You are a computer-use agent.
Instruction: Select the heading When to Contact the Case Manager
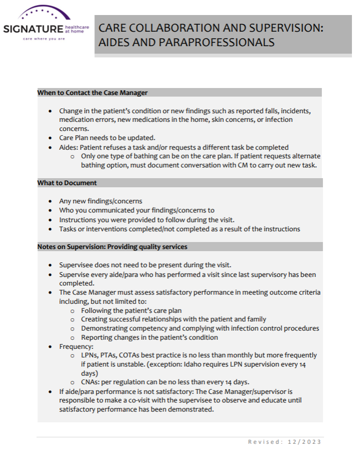(x=92, y=92)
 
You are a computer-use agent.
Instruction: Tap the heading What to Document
(x=67, y=183)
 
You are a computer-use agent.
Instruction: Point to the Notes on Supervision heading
(x=112, y=247)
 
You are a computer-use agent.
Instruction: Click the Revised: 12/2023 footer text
(x=284, y=442)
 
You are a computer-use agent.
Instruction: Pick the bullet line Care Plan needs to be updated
(x=107, y=138)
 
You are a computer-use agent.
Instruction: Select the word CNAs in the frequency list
(x=90, y=382)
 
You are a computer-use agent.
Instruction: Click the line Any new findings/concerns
(x=101, y=201)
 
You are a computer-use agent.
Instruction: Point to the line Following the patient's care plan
(x=131, y=310)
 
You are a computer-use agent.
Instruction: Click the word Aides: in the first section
(x=69, y=147)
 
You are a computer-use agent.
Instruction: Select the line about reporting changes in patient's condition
(x=149, y=338)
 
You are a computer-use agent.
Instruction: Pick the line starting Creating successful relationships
(x=173, y=319)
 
